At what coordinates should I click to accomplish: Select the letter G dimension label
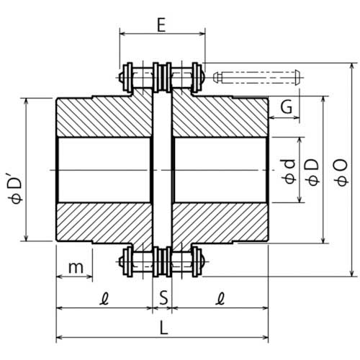click(286, 107)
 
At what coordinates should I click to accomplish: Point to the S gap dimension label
click(163, 296)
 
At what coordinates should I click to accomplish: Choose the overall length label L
click(163, 328)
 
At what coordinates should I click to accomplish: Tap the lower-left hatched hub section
click(104, 223)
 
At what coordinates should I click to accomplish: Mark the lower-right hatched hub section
click(220, 223)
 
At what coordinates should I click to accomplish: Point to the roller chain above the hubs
click(163, 77)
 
